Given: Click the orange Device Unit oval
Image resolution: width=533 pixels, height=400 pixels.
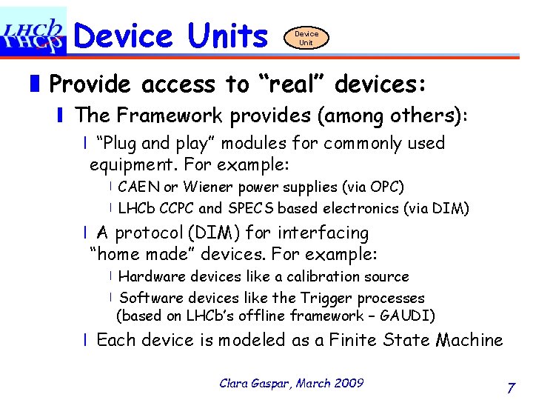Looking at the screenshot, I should point(306,38).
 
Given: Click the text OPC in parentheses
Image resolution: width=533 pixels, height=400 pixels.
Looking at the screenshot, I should point(385,187).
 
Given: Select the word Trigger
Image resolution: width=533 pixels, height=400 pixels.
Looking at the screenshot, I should point(326,298).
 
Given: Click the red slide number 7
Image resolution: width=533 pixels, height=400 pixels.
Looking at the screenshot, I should point(511,387).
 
